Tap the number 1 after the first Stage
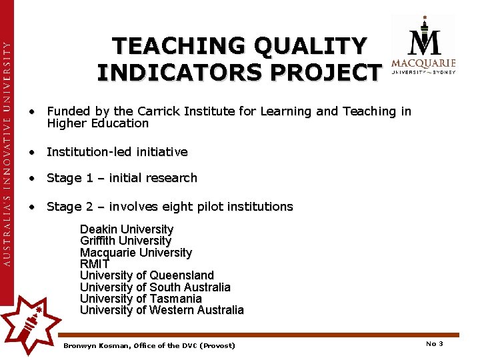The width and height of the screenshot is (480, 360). click(x=89, y=178)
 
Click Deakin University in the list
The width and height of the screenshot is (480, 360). click(x=127, y=229)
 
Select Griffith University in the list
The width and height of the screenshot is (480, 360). click(x=125, y=241)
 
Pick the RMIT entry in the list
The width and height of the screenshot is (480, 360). click(x=95, y=264)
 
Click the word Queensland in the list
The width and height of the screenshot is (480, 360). click(x=182, y=275)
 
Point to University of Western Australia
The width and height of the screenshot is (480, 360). click(x=162, y=310)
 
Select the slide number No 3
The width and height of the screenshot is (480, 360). click(x=434, y=344)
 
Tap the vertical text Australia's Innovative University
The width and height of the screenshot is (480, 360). click(x=7, y=153)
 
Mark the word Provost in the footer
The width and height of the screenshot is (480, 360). click(x=218, y=345)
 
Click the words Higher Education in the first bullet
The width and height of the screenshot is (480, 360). click(x=97, y=123)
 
